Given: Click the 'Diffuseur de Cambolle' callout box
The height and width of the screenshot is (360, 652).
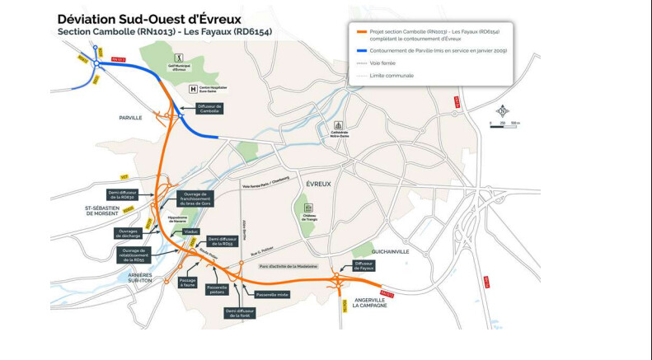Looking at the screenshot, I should coord(209,108).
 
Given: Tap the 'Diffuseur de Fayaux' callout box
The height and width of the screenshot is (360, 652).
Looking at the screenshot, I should coord(364,265).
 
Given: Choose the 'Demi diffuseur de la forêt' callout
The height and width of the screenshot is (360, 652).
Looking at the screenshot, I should coord(241,312).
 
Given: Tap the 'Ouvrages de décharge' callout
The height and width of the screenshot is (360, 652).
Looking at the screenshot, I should coord(129,233).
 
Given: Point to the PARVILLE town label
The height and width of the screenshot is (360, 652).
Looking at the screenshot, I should coord(130,118).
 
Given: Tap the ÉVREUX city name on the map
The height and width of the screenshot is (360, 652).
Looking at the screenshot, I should coord(317,184).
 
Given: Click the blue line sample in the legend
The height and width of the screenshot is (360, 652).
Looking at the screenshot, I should coord(360,50).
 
